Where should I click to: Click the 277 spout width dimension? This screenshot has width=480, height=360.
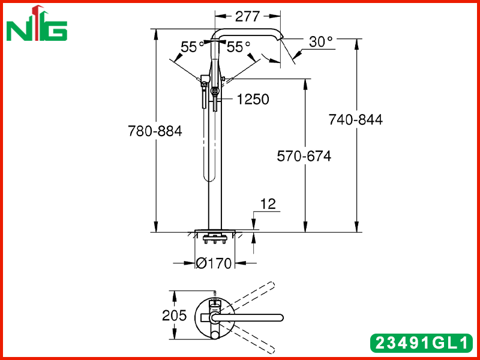(247, 17)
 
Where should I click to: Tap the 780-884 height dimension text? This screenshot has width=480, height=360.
(155, 131)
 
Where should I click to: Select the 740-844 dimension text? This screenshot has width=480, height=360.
(356, 119)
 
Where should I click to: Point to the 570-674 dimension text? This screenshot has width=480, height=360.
(304, 156)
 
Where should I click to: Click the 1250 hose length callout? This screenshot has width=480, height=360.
(253, 99)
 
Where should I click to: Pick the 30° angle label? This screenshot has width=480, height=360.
(320, 41)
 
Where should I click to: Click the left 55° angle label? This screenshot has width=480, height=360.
(192, 47)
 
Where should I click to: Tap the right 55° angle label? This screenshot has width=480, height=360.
(238, 47)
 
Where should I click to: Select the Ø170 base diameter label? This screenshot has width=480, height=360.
(214, 263)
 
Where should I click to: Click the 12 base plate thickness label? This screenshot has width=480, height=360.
(268, 204)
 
